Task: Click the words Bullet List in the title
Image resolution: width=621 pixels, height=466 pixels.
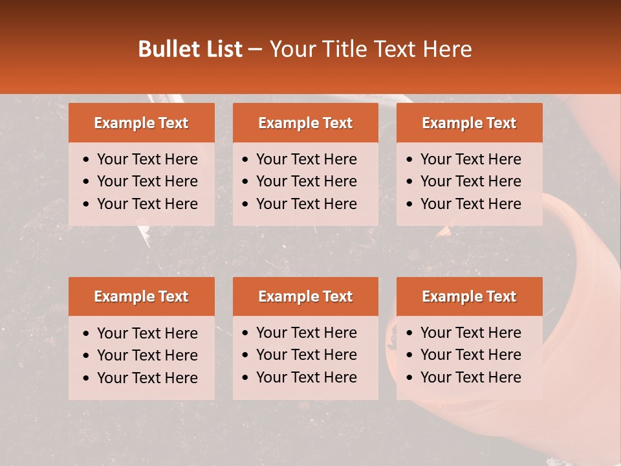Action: tap(190, 49)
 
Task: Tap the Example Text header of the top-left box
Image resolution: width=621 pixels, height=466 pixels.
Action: tap(141, 123)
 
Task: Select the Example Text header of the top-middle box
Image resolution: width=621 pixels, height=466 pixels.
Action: tap(305, 123)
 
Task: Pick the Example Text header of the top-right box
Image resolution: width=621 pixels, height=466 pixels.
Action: tap(469, 123)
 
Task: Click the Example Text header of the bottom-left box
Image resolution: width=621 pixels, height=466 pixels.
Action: tap(141, 296)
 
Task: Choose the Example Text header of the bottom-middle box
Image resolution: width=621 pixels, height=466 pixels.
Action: tap(305, 296)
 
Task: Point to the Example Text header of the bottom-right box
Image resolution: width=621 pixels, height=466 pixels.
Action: tap(469, 296)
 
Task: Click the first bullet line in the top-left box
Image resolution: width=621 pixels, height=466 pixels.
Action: tap(147, 159)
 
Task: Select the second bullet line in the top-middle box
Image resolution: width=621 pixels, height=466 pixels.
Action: tap(307, 181)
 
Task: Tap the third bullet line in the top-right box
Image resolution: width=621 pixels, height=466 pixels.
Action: tap(471, 204)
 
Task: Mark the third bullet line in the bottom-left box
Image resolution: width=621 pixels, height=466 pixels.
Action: tap(147, 377)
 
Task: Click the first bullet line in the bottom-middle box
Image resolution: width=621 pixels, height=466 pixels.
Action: tap(307, 333)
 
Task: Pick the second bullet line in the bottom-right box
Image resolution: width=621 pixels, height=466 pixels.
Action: tap(471, 355)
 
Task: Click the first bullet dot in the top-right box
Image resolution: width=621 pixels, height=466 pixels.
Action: tap(410, 160)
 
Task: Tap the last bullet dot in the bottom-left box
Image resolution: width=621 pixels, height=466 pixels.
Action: tap(87, 378)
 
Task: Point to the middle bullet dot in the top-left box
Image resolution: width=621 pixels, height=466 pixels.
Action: tap(87, 182)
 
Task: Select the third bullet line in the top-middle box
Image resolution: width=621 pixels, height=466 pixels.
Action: tap(307, 204)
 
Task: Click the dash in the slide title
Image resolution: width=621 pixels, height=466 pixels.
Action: tap(255, 49)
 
